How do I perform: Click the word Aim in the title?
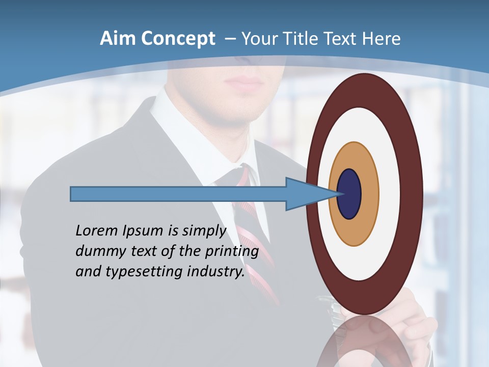click(118, 39)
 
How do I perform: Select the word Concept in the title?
click(178, 39)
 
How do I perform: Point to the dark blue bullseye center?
click(349, 194)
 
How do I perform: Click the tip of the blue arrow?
click(336, 194)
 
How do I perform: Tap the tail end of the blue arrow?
click(72, 194)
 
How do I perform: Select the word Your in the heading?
click(258, 39)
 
